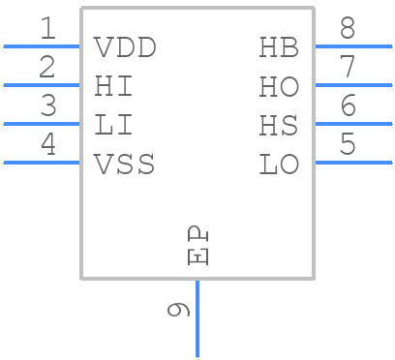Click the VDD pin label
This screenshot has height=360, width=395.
125,47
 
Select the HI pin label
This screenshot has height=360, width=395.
114,86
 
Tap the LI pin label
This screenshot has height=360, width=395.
114,125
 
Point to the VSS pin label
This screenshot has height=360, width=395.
125,164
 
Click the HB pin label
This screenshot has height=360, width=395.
279,47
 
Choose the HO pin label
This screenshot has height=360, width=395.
279,86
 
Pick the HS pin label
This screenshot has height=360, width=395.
279,125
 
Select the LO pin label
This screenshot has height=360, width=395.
279,164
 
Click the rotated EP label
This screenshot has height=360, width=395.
197,246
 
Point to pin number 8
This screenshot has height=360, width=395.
347,29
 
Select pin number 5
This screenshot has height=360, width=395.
347,145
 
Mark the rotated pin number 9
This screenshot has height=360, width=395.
178,310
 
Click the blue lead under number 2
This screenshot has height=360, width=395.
42,85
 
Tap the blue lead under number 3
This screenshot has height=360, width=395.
42,124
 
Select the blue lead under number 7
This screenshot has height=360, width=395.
353,85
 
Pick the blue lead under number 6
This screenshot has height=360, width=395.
353,124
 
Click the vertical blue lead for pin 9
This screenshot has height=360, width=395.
197,319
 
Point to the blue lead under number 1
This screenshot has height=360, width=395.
42,46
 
